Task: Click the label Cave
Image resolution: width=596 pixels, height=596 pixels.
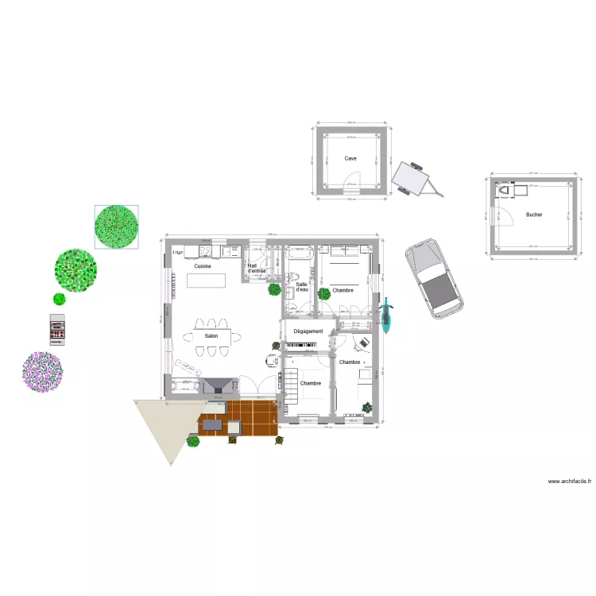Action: [x=350, y=158]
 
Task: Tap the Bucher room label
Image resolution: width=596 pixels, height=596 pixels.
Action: [x=534, y=215]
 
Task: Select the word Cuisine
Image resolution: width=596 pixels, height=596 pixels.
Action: [x=203, y=266]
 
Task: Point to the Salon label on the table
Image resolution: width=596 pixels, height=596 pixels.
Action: [x=211, y=336]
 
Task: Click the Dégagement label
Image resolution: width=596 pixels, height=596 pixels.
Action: [x=308, y=331]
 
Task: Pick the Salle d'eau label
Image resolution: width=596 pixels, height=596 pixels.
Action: [x=302, y=288]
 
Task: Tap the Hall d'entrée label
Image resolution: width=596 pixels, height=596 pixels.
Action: [x=257, y=269]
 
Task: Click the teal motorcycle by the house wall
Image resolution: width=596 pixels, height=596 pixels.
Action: [x=387, y=315]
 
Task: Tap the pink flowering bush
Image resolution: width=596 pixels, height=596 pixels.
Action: [x=42, y=371]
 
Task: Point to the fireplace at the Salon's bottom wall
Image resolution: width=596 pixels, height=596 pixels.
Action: [x=218, y=386]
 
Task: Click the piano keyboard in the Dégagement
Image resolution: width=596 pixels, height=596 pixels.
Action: [x=300, y=345]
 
